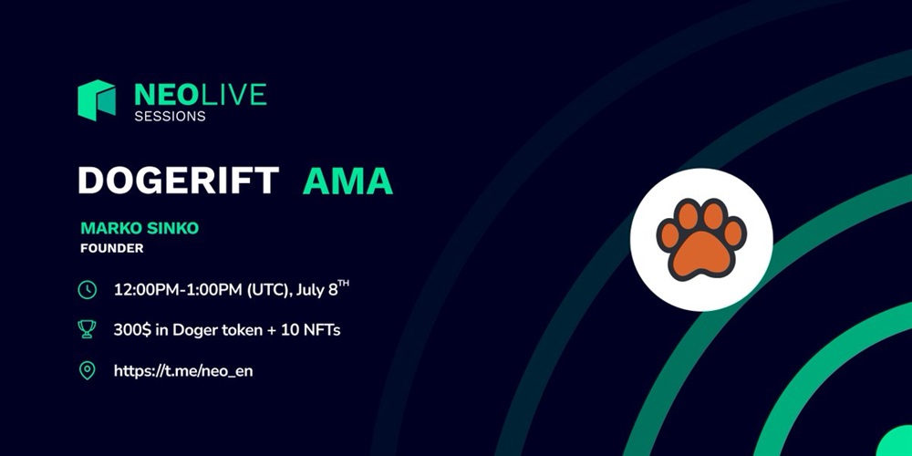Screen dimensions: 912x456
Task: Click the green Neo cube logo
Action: [97, 100]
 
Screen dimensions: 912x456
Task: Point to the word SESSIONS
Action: [170, 117]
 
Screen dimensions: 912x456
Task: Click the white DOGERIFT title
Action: [179, 181]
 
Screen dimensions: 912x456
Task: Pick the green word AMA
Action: [347, 181]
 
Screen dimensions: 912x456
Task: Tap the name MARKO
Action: [107, 229]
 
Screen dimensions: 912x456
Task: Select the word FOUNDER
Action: [111, 249]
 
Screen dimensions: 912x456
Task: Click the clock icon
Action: [88, 290]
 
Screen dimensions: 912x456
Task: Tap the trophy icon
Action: [88, 329]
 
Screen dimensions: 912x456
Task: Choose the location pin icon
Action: [88, 370]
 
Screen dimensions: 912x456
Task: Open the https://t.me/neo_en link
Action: [183, 371]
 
